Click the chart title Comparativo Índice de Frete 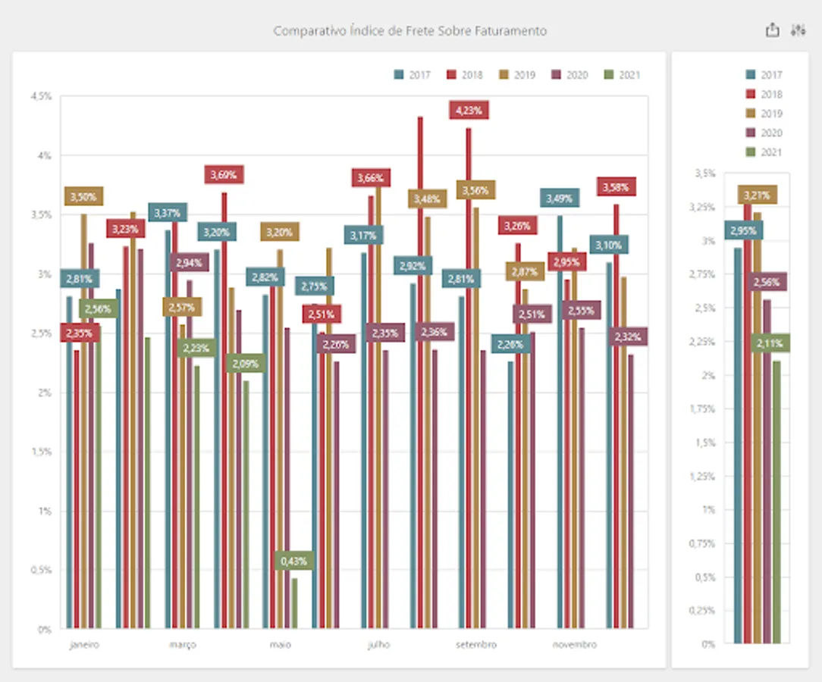click(x=409, y=31)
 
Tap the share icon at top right click(x=772, y=30)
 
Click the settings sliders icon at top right click(x=797, y=30)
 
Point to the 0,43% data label click(x=293, y=561)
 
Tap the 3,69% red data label click(x=223, y=174)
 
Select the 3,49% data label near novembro click(x=560, y=198)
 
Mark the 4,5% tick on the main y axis click(x=42, y=96)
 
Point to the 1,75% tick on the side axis click(x=704, y=409)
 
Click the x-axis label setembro click(x=476, y=645)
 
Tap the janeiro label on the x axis click(x=84, y=645)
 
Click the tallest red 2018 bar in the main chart click(x=419, y=371)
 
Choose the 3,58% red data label click(x=616, y=186)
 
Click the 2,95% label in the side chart click(x=744, y=230)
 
